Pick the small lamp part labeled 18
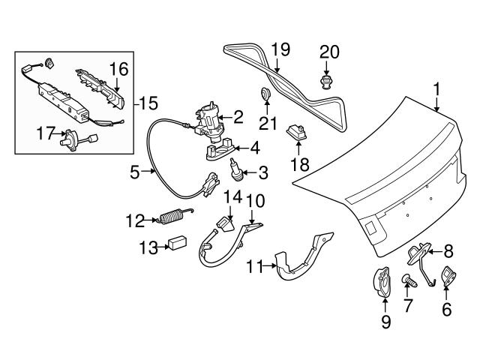pos(298,133)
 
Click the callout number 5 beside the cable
pos(134,172)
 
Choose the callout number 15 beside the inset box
pos(150,103)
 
